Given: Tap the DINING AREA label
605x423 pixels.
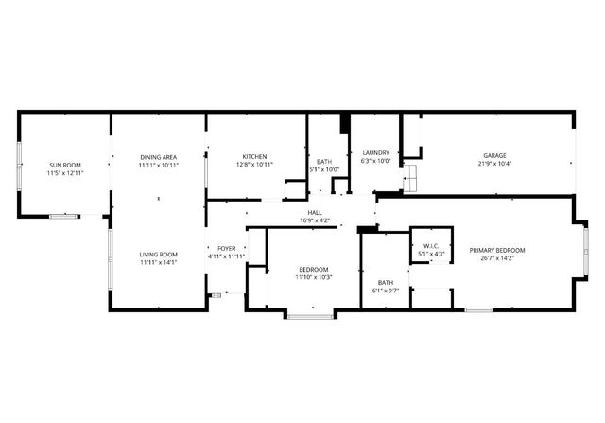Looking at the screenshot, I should (159, 157).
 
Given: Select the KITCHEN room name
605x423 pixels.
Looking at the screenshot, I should (254, 157).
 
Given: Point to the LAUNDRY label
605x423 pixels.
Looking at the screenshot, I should (376, 153).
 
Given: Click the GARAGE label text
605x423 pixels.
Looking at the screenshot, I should (495, 156).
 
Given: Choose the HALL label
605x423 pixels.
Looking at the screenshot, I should (314, 213).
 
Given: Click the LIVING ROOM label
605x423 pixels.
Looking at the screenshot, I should (159, 255).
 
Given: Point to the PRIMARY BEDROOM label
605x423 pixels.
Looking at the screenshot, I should (497, 250).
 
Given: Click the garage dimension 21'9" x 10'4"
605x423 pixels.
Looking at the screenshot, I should (495, 165).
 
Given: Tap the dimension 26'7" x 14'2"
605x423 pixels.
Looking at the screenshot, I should (497, 258).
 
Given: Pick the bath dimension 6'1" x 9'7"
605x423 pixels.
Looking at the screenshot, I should (386, 291).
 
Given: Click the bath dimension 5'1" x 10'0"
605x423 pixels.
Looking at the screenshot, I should (324, 169).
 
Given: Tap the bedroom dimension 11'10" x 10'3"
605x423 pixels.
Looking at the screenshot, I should (314, 277).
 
